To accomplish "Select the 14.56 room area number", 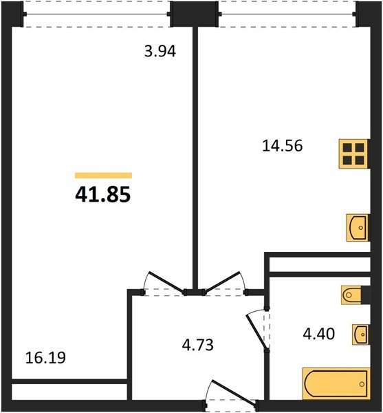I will tap(282, 145).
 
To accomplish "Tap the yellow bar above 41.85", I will tap(103, 176).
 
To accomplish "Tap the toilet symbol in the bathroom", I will tap(355, 295).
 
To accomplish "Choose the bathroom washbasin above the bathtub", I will tap(360, 334).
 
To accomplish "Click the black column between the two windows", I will tap(195, 14).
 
